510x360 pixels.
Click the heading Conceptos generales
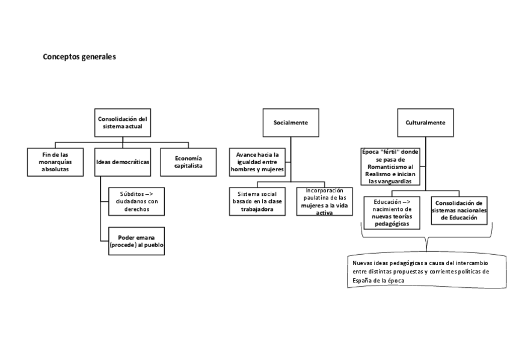[x=79, y=58]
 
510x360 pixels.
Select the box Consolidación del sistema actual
[x=123, y=123]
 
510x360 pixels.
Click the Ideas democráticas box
[x=123, y=162]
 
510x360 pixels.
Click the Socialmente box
[x=290, y=123]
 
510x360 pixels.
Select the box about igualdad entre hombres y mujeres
[x=257, y=162]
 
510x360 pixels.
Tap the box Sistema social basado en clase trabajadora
[x=257, y=203]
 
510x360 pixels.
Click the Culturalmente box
[x=425, y=123]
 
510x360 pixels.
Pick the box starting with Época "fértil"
[x=390, y=166]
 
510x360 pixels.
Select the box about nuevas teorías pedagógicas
[x=391, y=212]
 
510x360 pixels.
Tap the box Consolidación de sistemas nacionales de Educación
[x=458, y=211]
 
